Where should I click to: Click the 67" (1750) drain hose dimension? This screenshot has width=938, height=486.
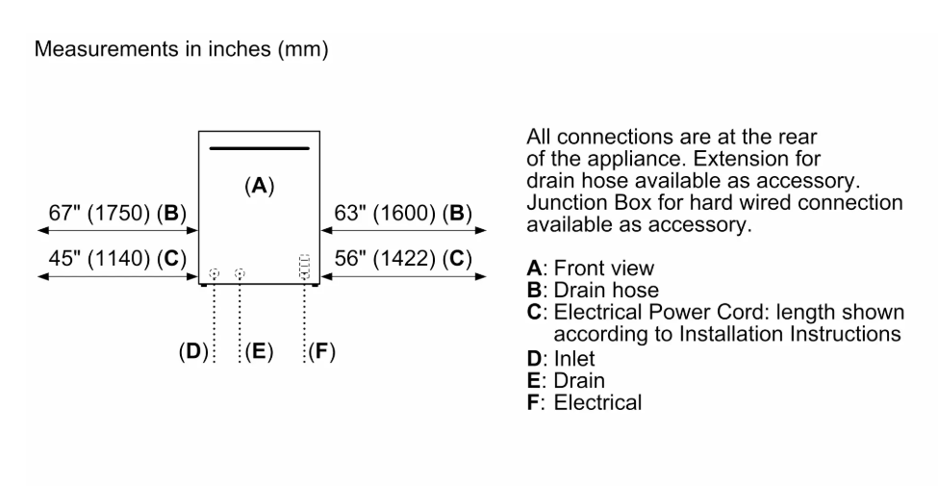pos(117,213)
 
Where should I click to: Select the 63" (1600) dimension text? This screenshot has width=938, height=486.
pos(403,213)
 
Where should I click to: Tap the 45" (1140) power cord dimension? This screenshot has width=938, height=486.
pos(117,259)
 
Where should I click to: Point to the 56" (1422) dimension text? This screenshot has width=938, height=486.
pos(403,259)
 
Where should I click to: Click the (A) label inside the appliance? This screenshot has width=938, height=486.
pos(259,186)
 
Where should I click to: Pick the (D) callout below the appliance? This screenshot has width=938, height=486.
pos(192,351)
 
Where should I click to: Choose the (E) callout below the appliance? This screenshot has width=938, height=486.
pos(259,351)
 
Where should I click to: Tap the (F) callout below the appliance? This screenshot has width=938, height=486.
pos(322,351)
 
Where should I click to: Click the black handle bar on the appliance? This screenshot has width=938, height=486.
pos(259,148)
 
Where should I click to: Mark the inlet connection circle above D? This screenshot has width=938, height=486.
pos(214,273)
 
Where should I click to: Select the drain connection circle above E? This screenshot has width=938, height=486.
pos(240,273)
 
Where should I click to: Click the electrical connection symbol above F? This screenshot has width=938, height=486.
pos(304,267)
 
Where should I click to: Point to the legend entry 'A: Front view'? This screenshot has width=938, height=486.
pos(591,269)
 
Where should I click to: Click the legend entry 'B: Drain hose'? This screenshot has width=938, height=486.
pos(593,291)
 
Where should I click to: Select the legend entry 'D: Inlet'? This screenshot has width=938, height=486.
pos(561,359)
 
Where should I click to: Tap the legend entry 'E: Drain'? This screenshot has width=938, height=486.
pos(566,381)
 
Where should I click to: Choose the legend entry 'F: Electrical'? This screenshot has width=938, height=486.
pos(585,402)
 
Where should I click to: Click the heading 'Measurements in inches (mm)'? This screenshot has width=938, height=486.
pos(181,49)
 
